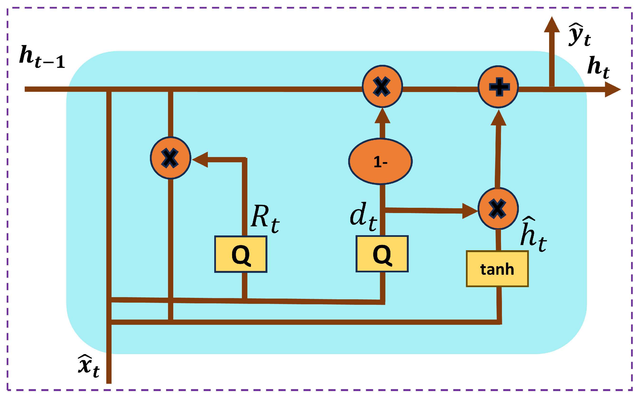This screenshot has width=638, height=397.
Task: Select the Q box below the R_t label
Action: pyautogui.click(x=240, y=254)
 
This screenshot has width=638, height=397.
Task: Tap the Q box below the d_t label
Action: pyautogui.click(x=382, y=254)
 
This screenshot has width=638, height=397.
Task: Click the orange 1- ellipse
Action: pyautogui.click(x=380, y=162)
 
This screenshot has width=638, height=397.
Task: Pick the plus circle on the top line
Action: pyautogui.click(x=498, y=87)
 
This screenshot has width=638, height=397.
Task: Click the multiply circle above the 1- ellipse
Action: pyautogui.click(x=382, y=87)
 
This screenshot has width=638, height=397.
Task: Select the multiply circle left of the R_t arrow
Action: pyautogui.click(x=170, y=158)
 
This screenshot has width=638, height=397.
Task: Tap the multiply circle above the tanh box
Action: pyautogui.click(x=498, y=209)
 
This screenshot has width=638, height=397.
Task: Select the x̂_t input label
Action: pyautogui.click(x=89, y=366)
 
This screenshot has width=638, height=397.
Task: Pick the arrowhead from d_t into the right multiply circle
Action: pyautogui.click(x=469, y=211)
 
